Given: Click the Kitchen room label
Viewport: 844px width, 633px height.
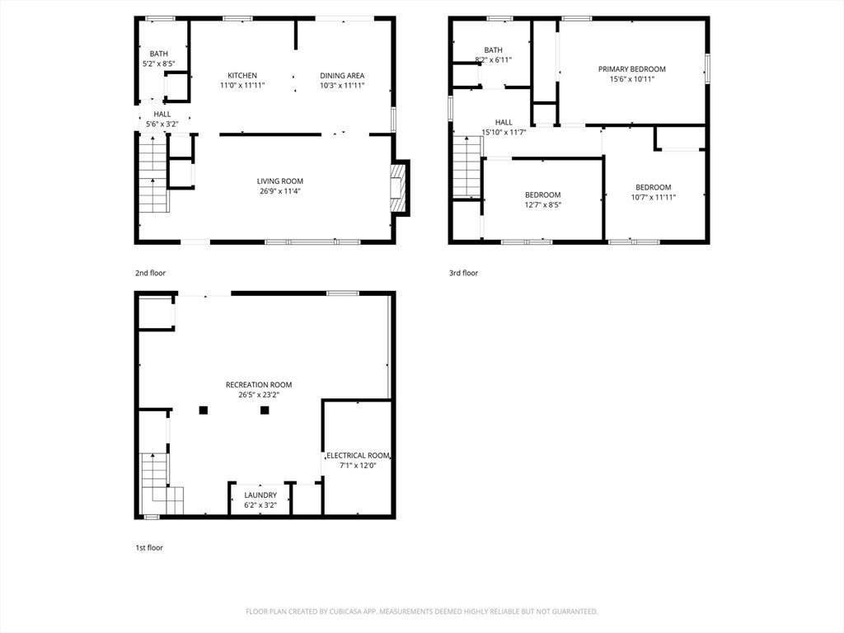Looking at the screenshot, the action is point(242,75).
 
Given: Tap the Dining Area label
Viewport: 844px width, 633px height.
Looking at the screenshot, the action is point(342,75).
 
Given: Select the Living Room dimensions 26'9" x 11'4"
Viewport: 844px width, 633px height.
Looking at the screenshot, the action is point(280,191).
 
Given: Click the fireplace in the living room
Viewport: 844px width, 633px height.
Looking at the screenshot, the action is point(397,189).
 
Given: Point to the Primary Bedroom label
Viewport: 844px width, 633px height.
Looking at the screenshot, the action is point(632,69).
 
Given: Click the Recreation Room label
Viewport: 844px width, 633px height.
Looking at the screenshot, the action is point(259,385).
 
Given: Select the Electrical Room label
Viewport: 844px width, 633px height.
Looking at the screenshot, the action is point(358,455).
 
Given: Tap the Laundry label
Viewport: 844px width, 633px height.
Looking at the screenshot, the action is point(260,495).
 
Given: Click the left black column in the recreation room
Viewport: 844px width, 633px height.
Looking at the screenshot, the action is point(203,410).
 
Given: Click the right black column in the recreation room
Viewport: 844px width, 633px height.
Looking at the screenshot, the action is point(265,410).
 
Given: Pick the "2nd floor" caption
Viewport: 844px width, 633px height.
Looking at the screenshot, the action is point(150,273).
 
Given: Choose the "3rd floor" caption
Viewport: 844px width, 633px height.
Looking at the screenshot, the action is point(463,273).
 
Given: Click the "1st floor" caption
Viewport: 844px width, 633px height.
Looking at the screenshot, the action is point(148,547).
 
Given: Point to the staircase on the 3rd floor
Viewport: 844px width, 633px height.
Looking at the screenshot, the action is point(467,166).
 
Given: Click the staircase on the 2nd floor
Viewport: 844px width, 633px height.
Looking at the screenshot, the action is point(153,174).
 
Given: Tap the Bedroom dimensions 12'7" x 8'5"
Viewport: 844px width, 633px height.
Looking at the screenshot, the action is point(543,204).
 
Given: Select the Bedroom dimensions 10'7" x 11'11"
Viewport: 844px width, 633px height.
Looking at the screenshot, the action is point(654,197).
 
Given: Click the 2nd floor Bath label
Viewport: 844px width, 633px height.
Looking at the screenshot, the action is point(159,54).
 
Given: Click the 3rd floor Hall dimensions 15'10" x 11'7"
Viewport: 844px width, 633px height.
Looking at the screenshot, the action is point(504,132).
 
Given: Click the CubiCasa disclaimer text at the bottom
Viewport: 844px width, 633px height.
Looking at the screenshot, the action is point(422,612).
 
